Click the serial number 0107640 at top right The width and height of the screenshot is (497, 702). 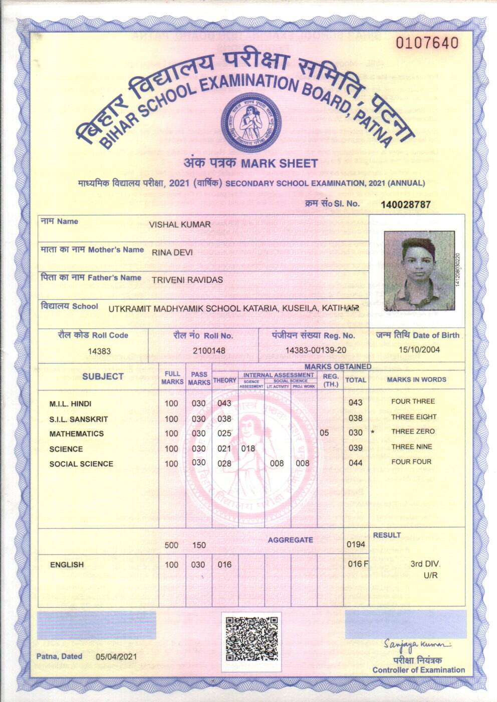[427, 43]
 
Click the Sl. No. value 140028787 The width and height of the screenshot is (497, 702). [405, 205]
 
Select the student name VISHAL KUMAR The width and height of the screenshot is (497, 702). [179, 225]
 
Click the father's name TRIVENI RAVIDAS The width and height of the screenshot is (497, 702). [187, 280]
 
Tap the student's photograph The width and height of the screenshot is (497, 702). [420, 271]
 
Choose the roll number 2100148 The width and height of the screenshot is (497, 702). [209, 351]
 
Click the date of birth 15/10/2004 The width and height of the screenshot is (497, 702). [419, 349]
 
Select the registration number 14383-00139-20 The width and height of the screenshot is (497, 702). [316, 350]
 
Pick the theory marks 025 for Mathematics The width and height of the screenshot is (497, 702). [224, 433]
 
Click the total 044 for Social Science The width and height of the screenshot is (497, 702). [355, 463]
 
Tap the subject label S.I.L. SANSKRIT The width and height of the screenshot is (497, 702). [79, 419]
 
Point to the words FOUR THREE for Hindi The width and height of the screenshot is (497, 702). [413, 401]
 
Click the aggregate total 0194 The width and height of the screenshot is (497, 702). [356, 544]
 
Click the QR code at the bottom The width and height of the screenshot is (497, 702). [252, 639]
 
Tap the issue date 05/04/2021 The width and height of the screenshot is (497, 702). [116, 656]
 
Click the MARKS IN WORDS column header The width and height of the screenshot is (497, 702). [416, 380]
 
